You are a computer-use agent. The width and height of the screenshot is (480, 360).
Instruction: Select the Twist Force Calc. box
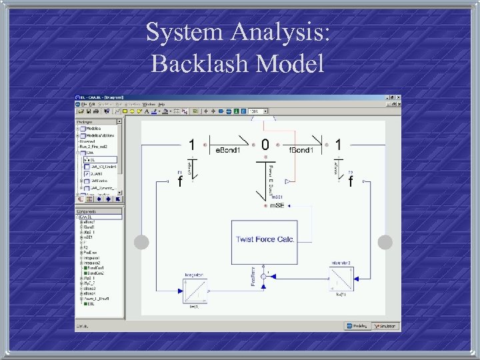point(265,239)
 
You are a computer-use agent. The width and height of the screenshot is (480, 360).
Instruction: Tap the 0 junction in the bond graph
point(265,144)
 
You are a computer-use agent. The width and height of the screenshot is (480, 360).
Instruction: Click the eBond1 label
point(227,151)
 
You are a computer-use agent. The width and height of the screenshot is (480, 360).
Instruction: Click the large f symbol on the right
point(351,181)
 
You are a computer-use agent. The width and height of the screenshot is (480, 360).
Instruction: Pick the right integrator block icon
point(341,273)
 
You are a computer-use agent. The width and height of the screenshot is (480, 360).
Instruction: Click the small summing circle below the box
point(263,275)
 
